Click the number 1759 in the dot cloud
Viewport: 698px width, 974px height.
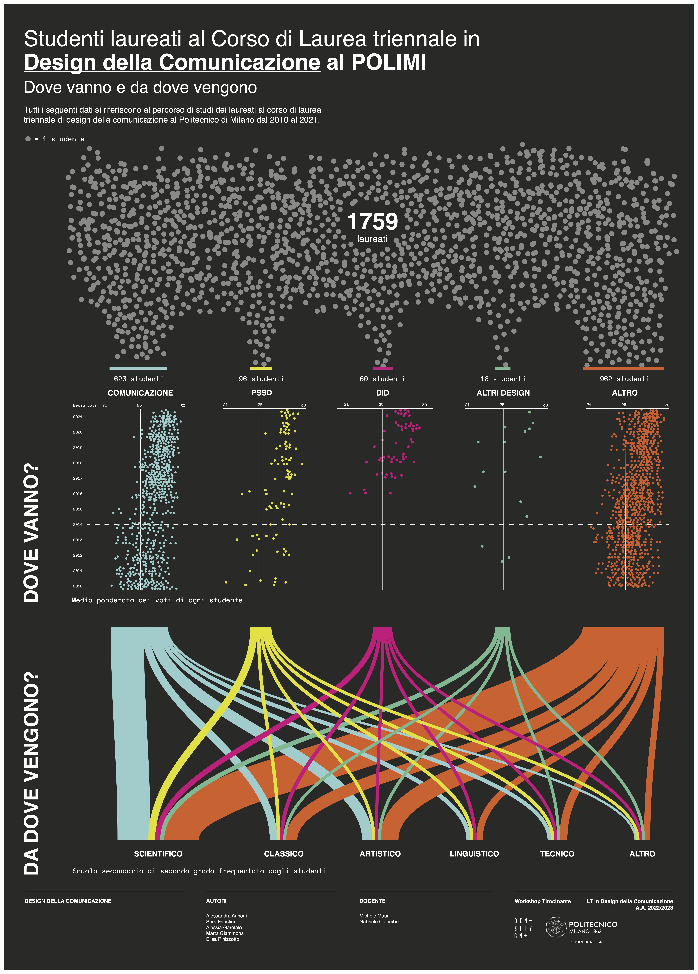coord(372,222)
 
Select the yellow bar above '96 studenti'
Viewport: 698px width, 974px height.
coord(261,368)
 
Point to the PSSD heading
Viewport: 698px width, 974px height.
coord(261,393)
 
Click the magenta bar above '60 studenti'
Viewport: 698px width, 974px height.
coord(383,368)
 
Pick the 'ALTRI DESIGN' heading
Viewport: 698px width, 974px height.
coord(503,393)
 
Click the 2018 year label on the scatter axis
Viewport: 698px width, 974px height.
coord(78,463)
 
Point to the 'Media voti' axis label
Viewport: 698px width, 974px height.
coord(85,405)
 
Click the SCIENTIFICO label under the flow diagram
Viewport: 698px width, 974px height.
coord(158,854)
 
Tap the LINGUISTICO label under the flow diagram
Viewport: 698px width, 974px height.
coord(474,854)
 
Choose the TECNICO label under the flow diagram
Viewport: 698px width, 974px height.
coord(557,854)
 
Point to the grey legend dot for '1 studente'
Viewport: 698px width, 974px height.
coord(28,139)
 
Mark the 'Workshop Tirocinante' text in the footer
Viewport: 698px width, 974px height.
coord(543,901)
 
